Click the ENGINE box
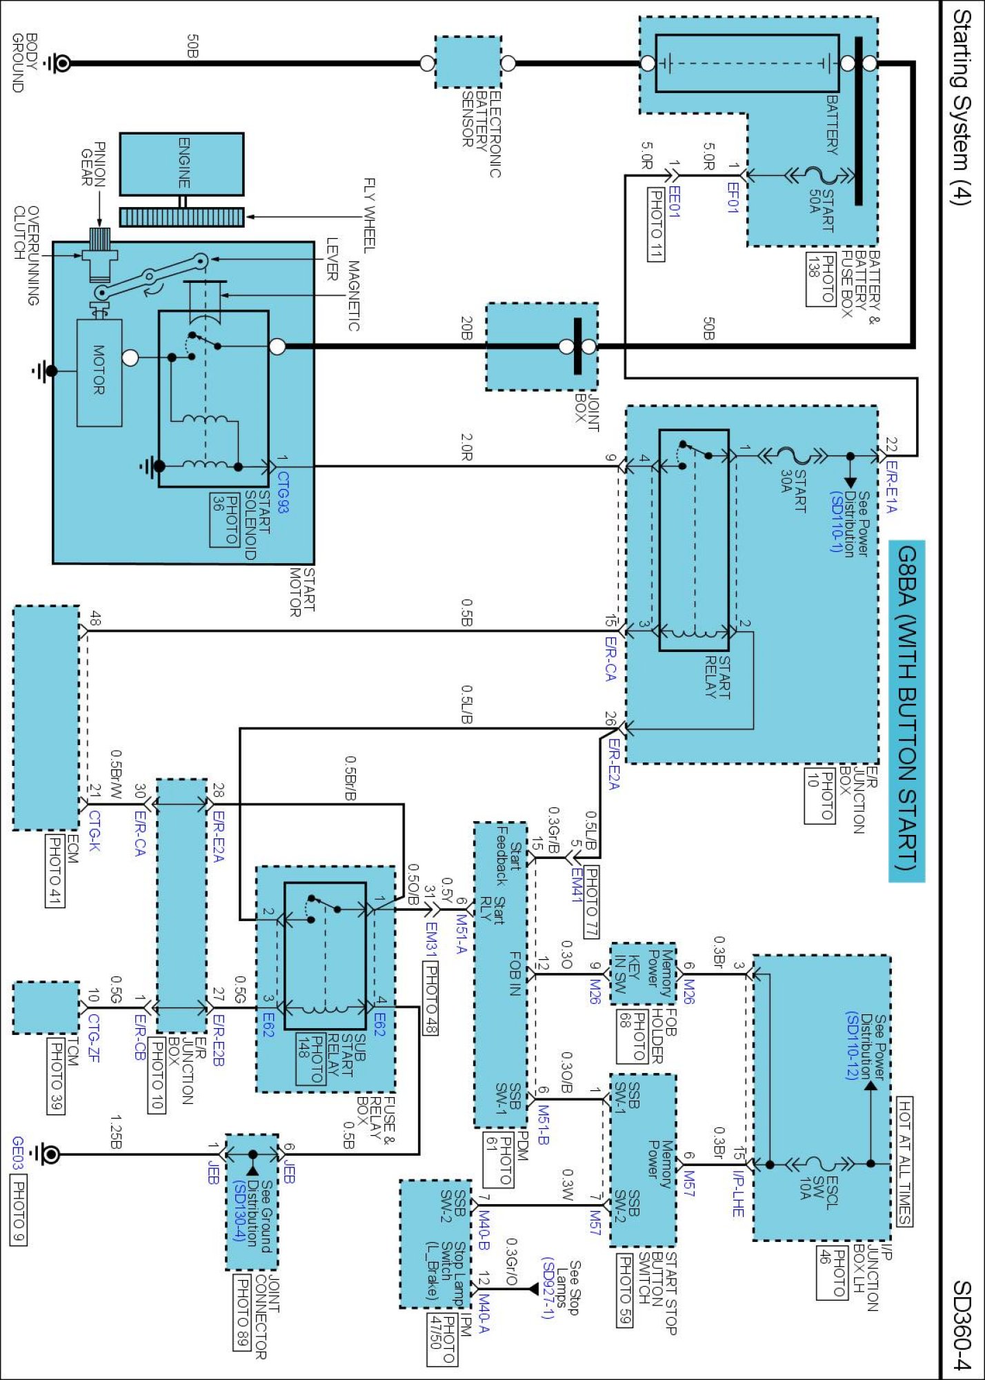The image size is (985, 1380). (x=181, y=164)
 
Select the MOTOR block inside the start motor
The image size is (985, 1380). (x=99, y=373)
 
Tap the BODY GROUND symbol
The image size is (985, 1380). (x=59, y=63)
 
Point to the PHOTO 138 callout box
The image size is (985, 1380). (x=821, y=279)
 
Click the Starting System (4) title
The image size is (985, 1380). (x=961, y=107)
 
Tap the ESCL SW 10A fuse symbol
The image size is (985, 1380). (x=815, y=1165)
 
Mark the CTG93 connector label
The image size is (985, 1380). (x=283, y=492)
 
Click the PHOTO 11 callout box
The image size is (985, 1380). (x=656, y=225)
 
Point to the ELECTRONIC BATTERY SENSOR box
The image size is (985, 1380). (x=468, y=63)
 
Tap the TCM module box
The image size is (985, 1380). (x=46, y=1008)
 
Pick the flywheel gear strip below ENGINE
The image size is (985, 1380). (x=181, y=217)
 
